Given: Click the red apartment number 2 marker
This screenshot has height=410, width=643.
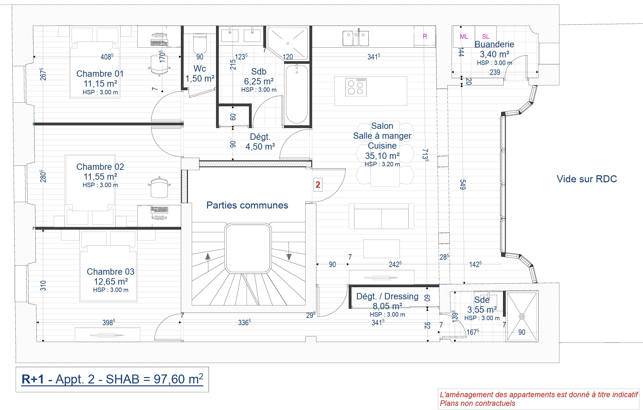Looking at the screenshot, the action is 318,185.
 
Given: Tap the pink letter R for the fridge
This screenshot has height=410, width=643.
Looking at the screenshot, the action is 425,36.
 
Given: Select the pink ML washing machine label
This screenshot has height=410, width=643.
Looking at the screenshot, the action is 464,36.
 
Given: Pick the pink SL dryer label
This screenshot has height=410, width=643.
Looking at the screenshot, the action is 485,36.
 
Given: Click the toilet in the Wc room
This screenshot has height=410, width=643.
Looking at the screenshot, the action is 200,43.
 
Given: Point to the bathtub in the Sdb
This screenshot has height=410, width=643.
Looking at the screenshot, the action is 297,94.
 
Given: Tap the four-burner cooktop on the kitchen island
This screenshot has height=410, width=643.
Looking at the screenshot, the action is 356,87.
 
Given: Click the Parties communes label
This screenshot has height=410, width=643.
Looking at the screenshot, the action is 247,205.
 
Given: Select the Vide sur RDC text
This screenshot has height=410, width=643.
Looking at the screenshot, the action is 587,179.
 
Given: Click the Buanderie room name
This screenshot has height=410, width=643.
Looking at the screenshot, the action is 494,44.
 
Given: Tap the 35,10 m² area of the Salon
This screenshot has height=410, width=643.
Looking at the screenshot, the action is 382,156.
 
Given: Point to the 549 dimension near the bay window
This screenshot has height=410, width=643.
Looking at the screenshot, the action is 462,185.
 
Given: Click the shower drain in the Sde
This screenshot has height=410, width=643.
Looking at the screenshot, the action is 522,316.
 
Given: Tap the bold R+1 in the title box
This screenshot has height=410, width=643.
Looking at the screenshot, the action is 33,379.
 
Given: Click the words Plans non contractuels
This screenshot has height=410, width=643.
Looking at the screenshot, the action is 477,403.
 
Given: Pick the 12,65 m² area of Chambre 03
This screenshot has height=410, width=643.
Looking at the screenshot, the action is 111,281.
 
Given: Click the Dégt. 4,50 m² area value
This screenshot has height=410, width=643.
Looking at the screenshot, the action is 260,146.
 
